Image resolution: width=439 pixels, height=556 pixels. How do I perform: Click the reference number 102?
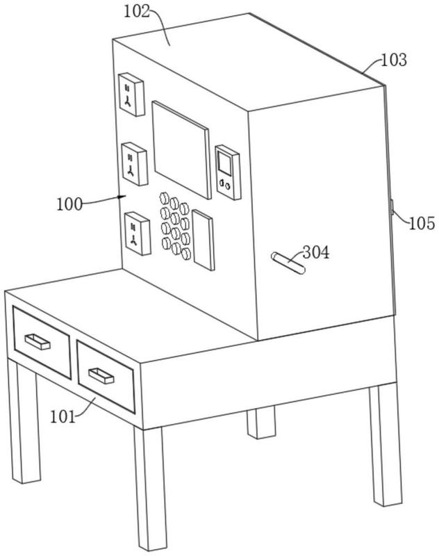tap(137, 11)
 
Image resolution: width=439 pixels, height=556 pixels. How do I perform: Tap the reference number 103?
tap(394, 60)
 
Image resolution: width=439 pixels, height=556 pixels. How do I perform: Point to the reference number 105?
tap(422, 223)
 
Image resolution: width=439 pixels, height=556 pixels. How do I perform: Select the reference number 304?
tap(315, 252)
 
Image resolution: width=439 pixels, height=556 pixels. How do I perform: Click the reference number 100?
tap(69, 204)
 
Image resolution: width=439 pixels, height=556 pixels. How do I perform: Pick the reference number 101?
tap(63, 417)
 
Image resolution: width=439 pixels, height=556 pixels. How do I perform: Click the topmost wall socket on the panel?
tap(131, 95)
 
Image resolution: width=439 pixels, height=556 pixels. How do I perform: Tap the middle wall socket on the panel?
tap(134, 164)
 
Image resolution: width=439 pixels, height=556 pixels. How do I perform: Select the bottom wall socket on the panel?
tap(138, 234)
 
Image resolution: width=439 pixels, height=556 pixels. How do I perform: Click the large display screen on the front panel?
tap(181, 149)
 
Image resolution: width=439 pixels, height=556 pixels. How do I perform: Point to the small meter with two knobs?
tap(227, 172)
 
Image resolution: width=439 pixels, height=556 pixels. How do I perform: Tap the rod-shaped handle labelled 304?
tap(288, 263)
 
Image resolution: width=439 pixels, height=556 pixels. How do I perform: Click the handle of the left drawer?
tap(38, 342)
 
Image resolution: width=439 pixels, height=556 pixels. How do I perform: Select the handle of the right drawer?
tap(101, 375)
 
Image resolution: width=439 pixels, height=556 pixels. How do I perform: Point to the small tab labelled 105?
tap(392, 208)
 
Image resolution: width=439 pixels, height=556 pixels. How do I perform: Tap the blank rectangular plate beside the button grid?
tap(203, 240)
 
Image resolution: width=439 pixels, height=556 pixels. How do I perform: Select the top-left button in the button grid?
tap(164, 198)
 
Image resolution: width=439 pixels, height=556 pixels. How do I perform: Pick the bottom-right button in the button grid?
tap(186, 254)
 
